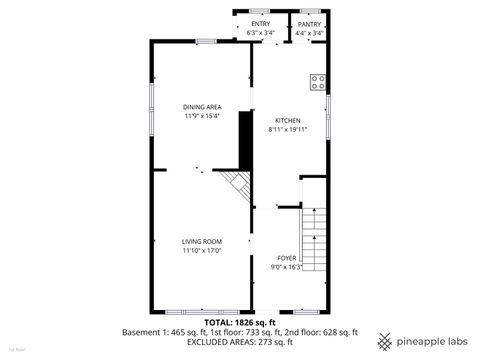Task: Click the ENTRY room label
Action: [261, 24]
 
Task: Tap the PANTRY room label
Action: [309, 24]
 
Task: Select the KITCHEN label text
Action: [287, 120]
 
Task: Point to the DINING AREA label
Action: [201, 107]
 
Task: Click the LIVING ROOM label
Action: [201, 242]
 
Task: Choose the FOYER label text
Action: [286, 259]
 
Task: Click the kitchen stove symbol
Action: [319, 83]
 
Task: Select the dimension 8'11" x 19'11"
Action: [287, 129]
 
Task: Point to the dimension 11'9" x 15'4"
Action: [201, 116]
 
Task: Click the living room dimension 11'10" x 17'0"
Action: [201, 251]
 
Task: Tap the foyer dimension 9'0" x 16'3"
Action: [286, 267]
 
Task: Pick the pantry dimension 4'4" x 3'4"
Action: [309, 33]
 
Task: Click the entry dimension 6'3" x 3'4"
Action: [261, 33]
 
